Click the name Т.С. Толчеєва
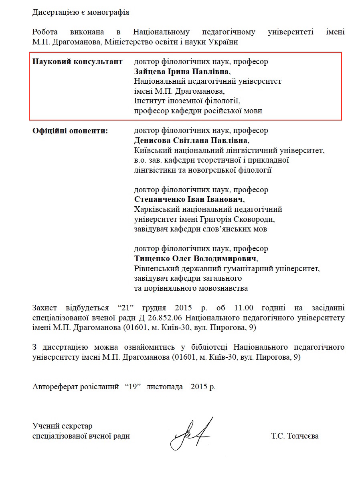coord(295,436)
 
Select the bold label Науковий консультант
coord(77,62)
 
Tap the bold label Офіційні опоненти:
coord(70,131)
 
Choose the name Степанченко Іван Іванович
coord(188,199)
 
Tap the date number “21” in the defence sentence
coord(125,308)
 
